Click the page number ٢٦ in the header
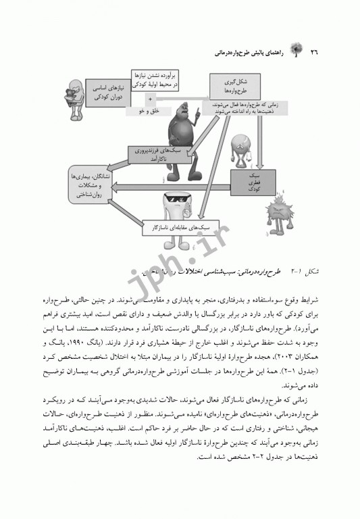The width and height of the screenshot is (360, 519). tap(315, 52)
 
